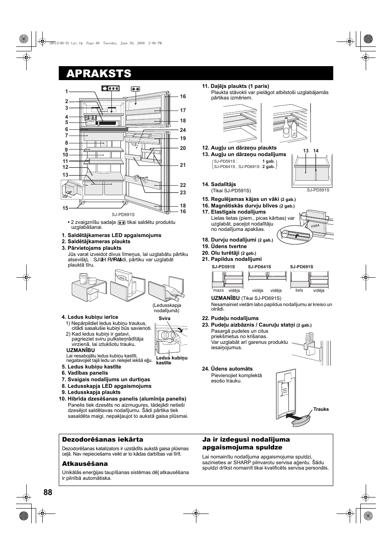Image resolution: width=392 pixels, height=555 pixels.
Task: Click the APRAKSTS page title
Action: click(99, 74)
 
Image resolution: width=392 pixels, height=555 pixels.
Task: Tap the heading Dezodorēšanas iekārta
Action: click(103, 440)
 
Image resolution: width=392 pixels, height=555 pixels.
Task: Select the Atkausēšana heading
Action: click(85, 464)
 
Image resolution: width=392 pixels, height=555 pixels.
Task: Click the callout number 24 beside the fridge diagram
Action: click(183, 130)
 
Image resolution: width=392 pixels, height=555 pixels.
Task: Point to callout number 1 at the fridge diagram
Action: click(66, 92)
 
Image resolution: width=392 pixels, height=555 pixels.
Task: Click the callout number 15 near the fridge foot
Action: click(65, 208)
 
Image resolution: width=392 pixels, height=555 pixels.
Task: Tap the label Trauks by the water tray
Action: click(321, 409)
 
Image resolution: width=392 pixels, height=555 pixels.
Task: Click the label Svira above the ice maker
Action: click(164, 318)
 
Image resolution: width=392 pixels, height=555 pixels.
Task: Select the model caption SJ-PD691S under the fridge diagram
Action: click(123, 214)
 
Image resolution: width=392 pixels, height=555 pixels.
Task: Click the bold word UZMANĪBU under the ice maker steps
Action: click(81, 350)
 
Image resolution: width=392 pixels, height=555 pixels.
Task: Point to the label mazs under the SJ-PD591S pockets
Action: click(218, 290)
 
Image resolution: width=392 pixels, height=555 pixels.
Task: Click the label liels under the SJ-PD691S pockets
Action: click(299, 290)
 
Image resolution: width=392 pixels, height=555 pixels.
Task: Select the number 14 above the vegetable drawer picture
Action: click(316, 151)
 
